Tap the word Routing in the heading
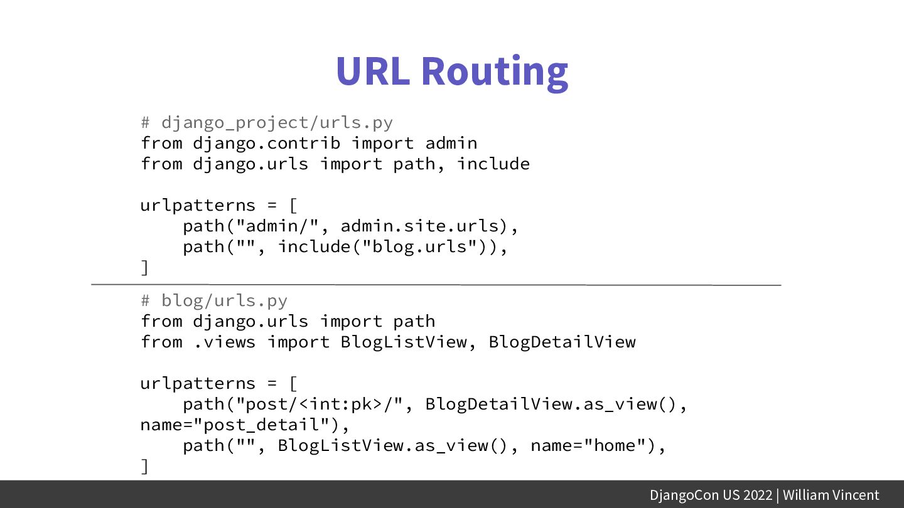pyautogui.click(x=495, y=71)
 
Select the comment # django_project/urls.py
pyautogui.click(x=267, y=122)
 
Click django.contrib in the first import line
pyautogui.click(x=267, y=143)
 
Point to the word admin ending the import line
pyautogui.click(x=451, y=143)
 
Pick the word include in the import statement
pyautogui.click(x=493, y=164)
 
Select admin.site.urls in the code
pyautogui.click(x=420, y=226)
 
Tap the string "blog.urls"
pyautogui.click(x=420, y=246)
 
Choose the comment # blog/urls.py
pyautogui.click(x=214, y=301)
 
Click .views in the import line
pyautogui.click(x=224, y=342)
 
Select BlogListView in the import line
pyautogui.click(x=404, y=342)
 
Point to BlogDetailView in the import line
pyautogui.click(x=562, y=342)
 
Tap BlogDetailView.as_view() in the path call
pyautogui.click(x=552, y=404)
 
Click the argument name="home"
pyautogui.click(x=588, y=445)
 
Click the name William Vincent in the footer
pyautogui.click(x=831, y=495)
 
